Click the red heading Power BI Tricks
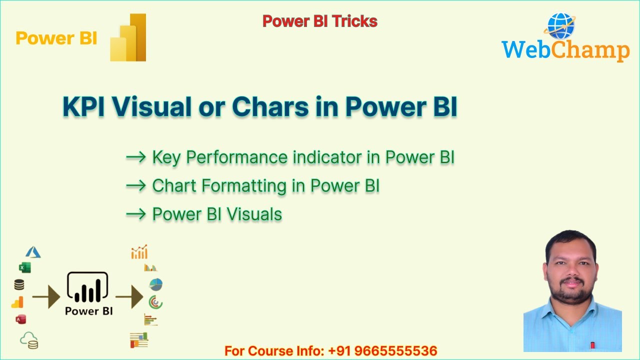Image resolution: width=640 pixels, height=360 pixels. pos(319,21)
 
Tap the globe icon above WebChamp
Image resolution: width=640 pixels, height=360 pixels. pos(561,26)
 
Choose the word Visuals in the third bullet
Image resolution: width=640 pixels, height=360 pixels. pos(254,214)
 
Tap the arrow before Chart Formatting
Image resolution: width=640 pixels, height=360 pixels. pos(135,186)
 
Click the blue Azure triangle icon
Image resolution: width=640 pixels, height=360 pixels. pos(33,252)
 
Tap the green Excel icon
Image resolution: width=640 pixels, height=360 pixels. pos(24,267)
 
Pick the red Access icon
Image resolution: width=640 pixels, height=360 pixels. pos(20,319)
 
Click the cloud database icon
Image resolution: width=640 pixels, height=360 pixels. pos(29,340)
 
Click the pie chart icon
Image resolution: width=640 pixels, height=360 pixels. pos(155,284)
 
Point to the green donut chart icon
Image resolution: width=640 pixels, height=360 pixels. pos(155,302)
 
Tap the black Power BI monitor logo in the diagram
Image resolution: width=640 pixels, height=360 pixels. pos(88,287)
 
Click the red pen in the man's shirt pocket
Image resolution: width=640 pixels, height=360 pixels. pos(592,345)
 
